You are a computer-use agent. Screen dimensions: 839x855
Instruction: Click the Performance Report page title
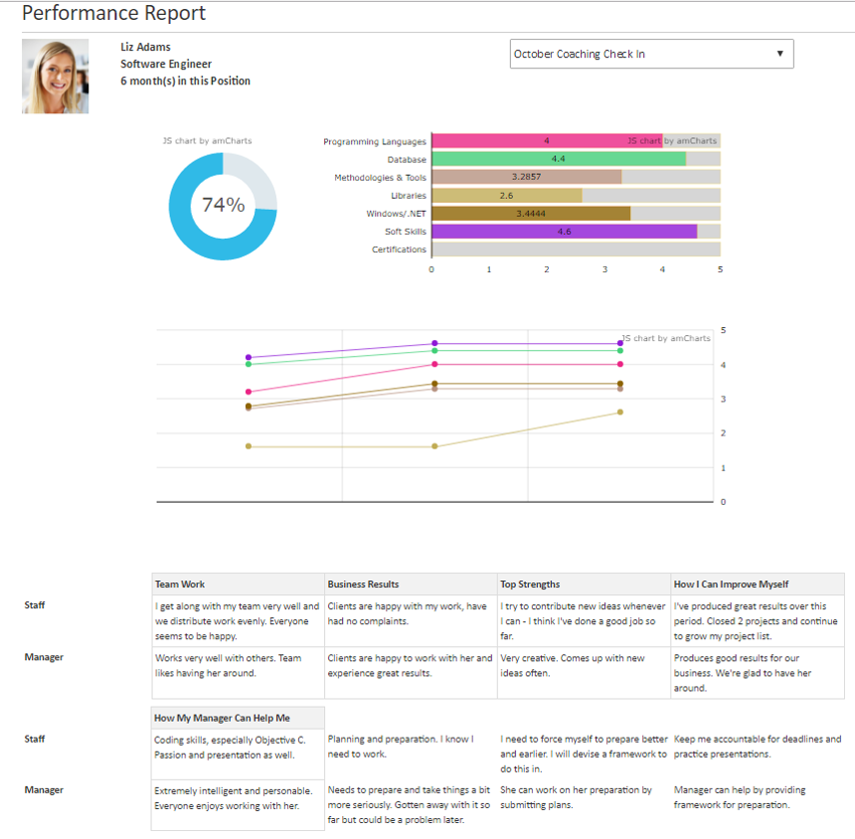tap(114, 14)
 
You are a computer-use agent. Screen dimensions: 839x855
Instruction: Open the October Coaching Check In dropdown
tap(651, 54)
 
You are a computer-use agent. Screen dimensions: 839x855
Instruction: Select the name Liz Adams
tap(145, 47)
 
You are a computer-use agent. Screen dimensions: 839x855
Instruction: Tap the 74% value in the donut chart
tap(223, 206)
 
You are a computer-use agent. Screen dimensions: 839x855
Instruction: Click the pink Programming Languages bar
tap(546, 141)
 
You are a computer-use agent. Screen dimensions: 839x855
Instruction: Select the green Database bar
tap(558, 159)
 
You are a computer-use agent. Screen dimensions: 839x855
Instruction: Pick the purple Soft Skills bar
tap(564, 232)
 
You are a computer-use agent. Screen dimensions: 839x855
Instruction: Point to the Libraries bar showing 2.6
tap(506, 196)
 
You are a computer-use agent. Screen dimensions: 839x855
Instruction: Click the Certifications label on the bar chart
tap(399, 250)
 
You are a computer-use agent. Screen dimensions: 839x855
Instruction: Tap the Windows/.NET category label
tap(396, 214)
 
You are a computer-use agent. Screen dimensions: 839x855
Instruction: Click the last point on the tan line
tap(620, 412)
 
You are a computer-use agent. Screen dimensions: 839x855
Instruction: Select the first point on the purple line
tap(249, 357)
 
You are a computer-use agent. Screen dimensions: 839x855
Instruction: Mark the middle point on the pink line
tap(434, 365)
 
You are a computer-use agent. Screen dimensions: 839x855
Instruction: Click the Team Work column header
tap(180, 585)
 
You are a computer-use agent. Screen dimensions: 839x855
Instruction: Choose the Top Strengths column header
tap(530, 585)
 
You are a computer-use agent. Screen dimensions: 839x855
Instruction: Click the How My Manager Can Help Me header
tap(222, 718)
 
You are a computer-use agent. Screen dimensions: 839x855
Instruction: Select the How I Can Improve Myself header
tap(731, 585)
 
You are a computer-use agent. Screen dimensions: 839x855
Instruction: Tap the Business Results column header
tap(363, 585)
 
